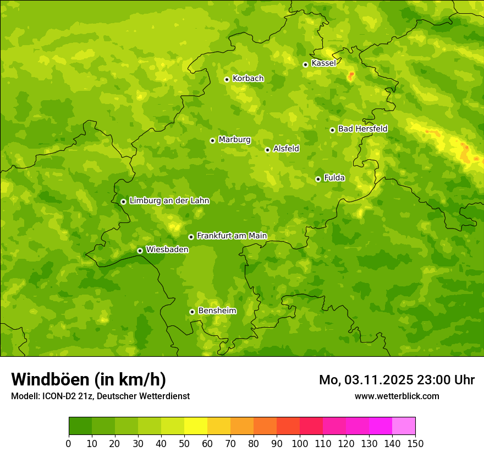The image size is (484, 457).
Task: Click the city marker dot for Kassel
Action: point(305,64)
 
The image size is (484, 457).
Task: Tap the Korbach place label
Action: point(248,79)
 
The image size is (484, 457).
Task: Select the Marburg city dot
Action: point(212,140)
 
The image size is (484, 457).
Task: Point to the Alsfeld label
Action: point(286,149)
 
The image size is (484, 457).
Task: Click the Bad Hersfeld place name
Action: point(362,129)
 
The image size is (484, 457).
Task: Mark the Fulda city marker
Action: point(318,179)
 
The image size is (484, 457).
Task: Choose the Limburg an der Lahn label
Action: point(169,201)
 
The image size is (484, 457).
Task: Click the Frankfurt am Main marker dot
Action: point(191,237)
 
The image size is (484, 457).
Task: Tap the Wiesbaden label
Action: point(167,249)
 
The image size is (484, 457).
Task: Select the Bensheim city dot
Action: point(192,312)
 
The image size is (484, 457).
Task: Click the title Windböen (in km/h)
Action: point(88,379)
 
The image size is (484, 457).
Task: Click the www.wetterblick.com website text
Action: point(397,396)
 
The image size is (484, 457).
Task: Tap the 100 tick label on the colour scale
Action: point(300,443)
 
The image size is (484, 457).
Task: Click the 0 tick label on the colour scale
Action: point(69,443)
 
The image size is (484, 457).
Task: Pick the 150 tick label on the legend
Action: point(415,443)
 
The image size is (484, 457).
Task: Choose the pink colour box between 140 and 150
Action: point(404,426)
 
